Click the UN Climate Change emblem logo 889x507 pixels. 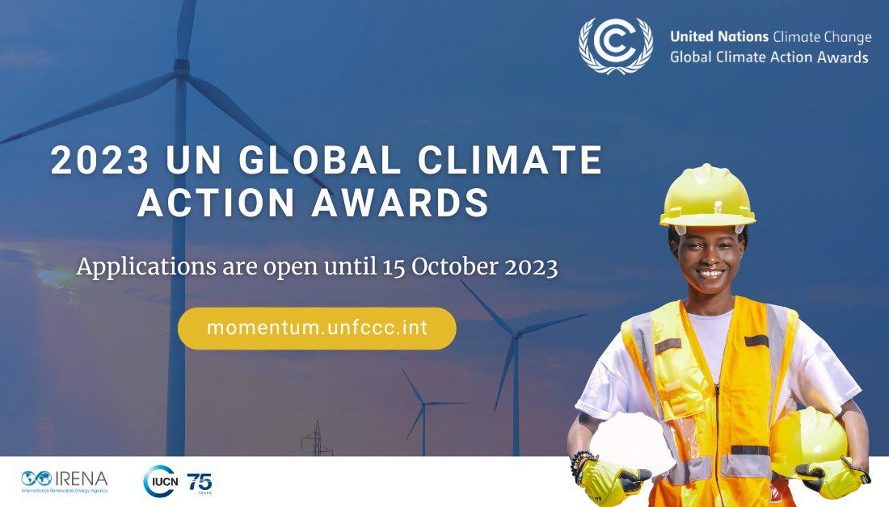[616, 45]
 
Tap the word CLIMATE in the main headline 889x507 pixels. [510, 160]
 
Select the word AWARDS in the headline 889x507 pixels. [400, 202]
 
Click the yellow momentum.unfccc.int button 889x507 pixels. [317, 328]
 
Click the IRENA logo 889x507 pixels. [64, 481]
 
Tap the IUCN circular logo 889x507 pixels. [161, 481]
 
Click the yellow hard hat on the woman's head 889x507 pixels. [707, 196]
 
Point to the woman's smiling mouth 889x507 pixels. [710, 274]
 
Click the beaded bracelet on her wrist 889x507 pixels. [579, 464]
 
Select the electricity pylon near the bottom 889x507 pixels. [316, 438]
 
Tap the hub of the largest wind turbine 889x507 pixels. [181, 69]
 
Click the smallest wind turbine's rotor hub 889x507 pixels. [423, 404]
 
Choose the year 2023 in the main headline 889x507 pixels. [99, 160]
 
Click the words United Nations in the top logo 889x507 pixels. [719, 37]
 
